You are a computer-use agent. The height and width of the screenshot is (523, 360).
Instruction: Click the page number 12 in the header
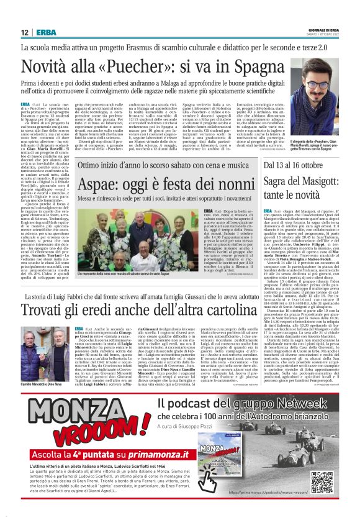coord(24,32)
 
